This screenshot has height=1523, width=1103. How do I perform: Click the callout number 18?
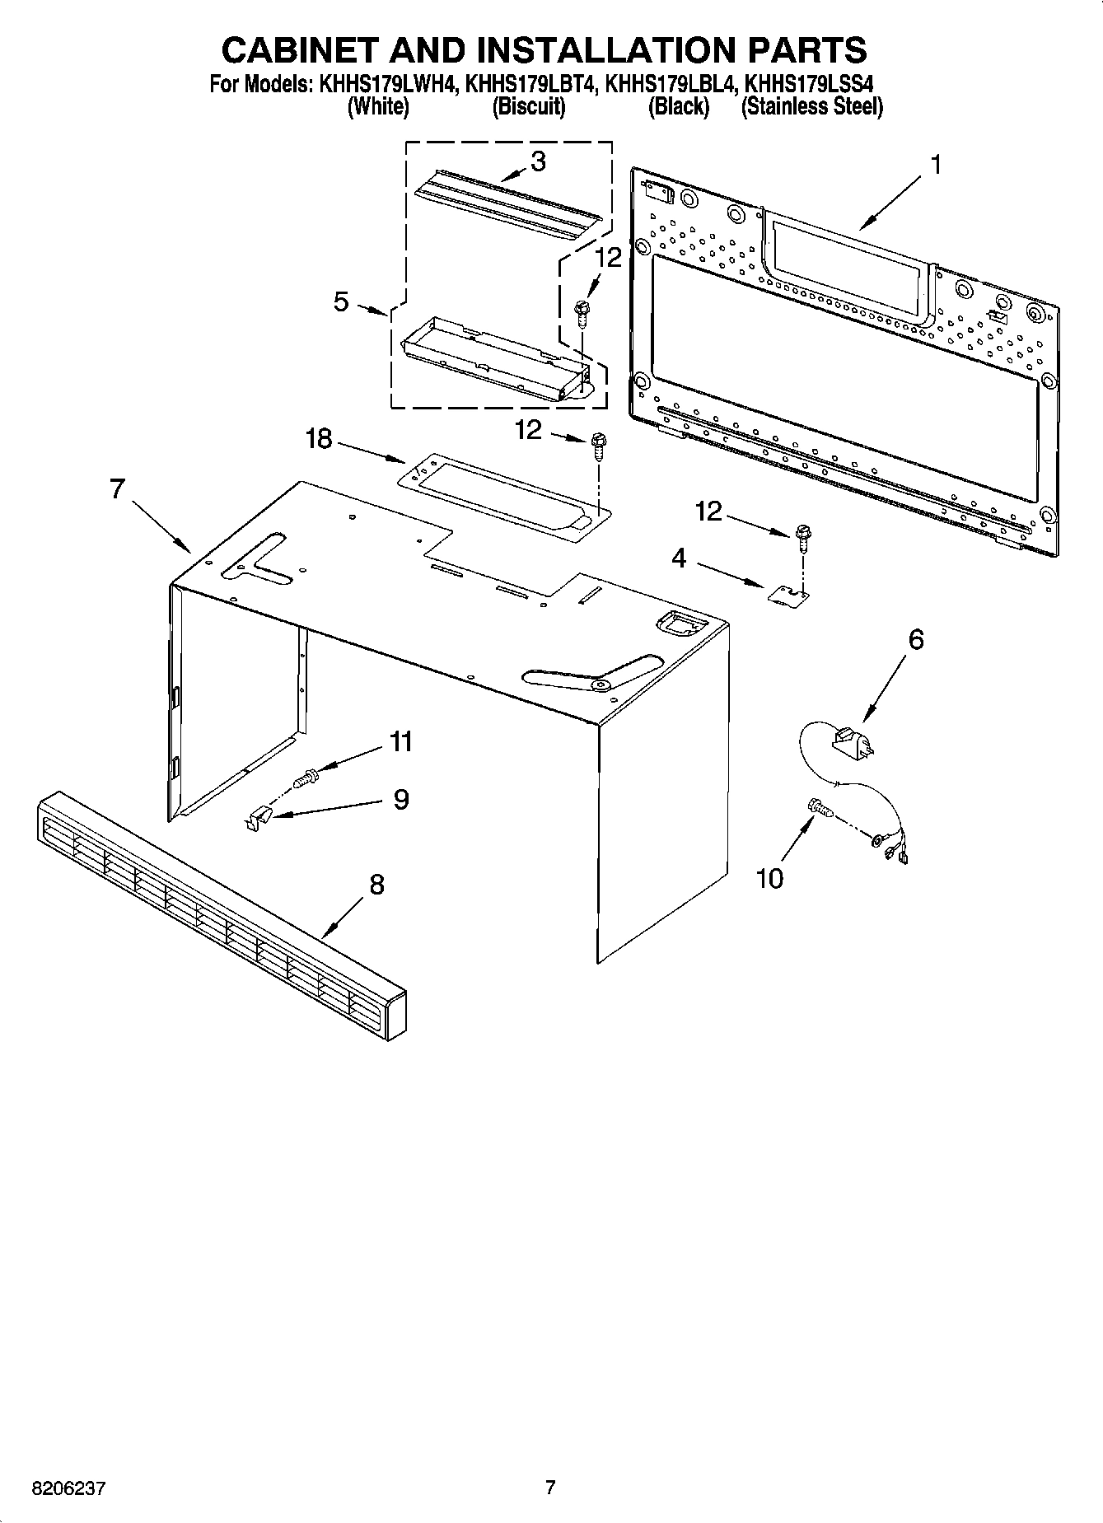[319, 439]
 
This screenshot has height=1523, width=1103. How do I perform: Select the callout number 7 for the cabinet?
[117, 489]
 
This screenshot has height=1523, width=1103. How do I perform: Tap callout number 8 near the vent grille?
[376, 885]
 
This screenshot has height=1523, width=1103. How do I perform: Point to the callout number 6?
[916, 639]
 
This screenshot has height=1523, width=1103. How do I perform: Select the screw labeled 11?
[306, 775]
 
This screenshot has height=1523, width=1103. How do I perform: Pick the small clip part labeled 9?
[258, 819]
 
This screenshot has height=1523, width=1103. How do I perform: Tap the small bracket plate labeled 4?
[789, 594]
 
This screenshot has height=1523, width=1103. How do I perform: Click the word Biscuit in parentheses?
[528, 107]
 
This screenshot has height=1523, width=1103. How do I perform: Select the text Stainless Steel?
[812, 107]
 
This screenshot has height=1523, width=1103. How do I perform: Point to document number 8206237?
[68, 1488]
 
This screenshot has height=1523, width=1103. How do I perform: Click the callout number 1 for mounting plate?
[935, 165]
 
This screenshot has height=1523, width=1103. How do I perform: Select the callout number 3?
[538, 161]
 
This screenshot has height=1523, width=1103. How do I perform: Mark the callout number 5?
[341, 301]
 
